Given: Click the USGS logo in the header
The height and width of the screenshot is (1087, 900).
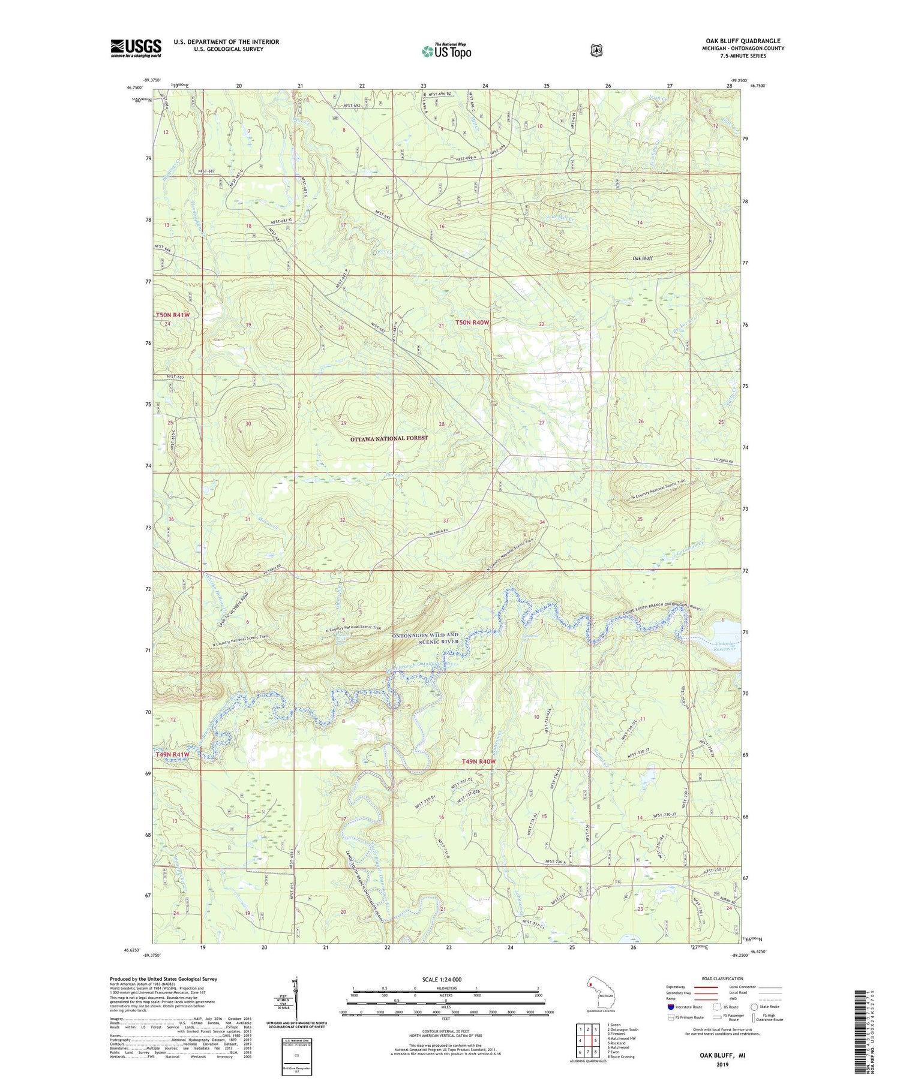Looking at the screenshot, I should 136,48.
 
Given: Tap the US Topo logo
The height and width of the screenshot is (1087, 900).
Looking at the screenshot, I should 446,51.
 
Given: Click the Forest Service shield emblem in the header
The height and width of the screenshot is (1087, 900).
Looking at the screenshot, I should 596,51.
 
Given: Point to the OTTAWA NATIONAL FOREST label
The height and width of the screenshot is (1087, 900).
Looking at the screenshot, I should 389,438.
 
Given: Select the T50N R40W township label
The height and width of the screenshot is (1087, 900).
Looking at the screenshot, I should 472,323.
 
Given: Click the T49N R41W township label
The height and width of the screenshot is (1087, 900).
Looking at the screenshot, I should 172,754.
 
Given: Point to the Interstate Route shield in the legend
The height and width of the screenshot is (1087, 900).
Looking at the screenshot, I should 671,1007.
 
